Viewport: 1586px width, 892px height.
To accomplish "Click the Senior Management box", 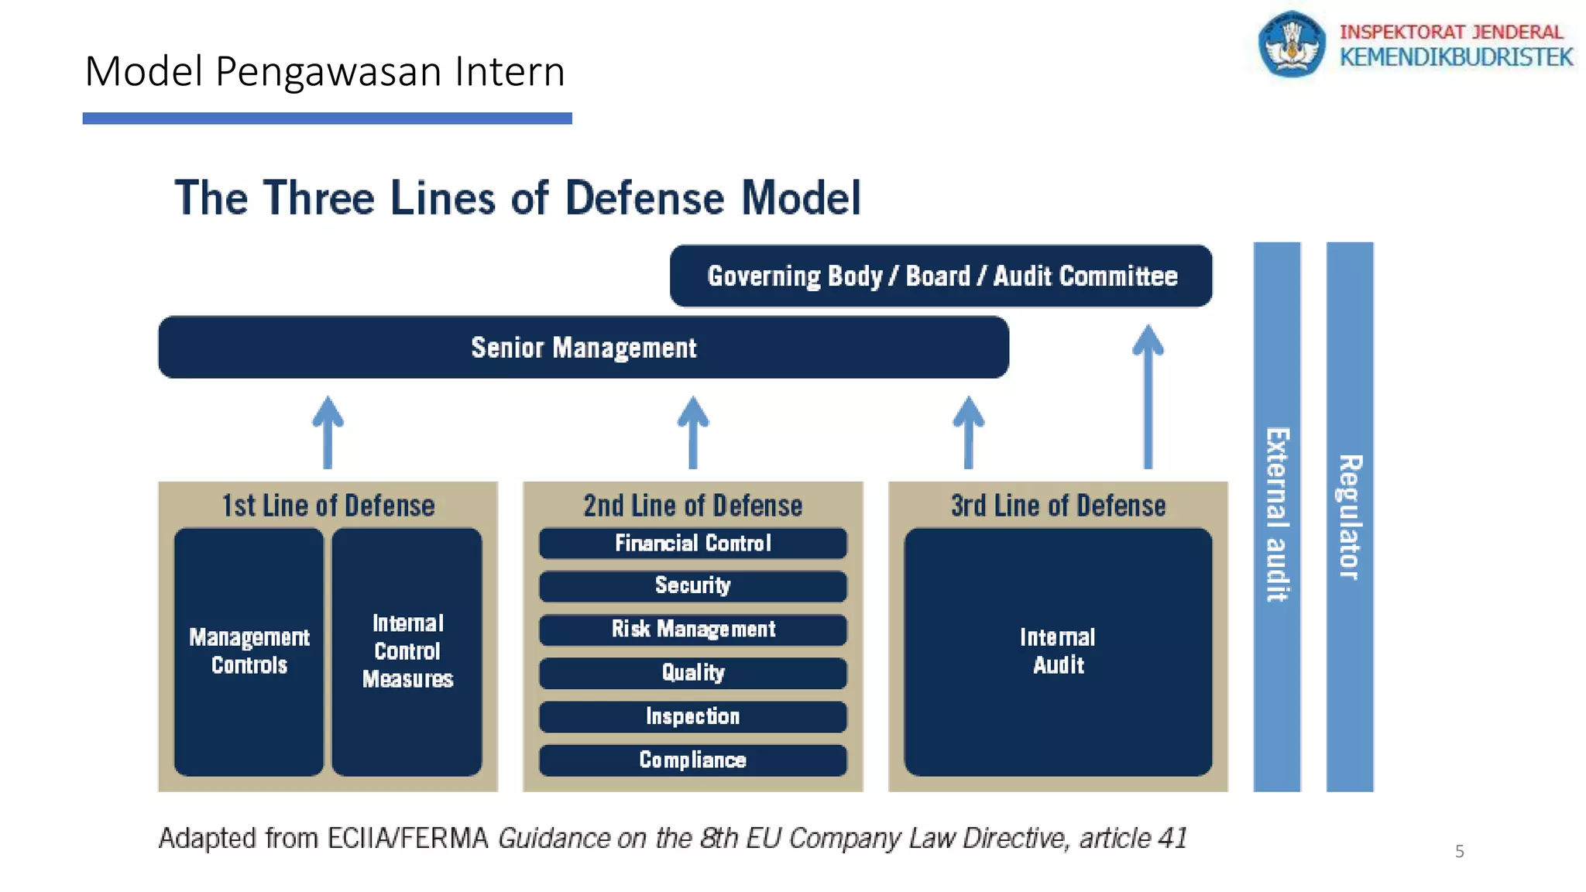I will pos(583,348).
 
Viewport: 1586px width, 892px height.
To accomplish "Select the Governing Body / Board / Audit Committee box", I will pos(940,276).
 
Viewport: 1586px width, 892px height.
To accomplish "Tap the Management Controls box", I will pos(249,651).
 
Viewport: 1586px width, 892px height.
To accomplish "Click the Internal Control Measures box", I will pos(407,651).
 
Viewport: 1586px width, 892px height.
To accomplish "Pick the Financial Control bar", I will pos(692,544).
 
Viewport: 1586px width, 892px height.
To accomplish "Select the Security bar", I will pos(692,586).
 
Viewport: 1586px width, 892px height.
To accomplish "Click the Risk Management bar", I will pos(692,630).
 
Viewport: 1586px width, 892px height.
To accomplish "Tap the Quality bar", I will pos(692,673).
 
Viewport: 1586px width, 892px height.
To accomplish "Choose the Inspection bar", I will pos(692,717).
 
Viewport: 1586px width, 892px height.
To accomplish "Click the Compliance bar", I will pos(692,760).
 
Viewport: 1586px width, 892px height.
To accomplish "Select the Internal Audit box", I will pos(1058,651).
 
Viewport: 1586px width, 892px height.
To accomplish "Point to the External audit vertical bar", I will pos(1277,516).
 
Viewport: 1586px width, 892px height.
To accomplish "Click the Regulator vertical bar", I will pos(1350,516).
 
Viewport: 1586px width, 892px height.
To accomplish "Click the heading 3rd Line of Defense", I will pos(1058,506).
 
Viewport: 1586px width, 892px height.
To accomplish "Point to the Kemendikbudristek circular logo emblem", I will pos(1291,44).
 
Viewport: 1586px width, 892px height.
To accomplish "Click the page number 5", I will pos(1459,852).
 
